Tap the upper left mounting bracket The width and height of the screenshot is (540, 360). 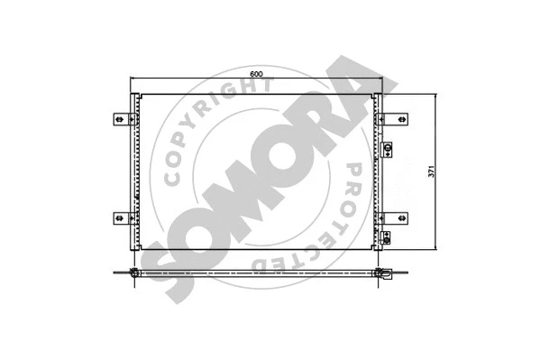click(x=121, y=118)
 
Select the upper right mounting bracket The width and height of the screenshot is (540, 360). click(x=397, y=118)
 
